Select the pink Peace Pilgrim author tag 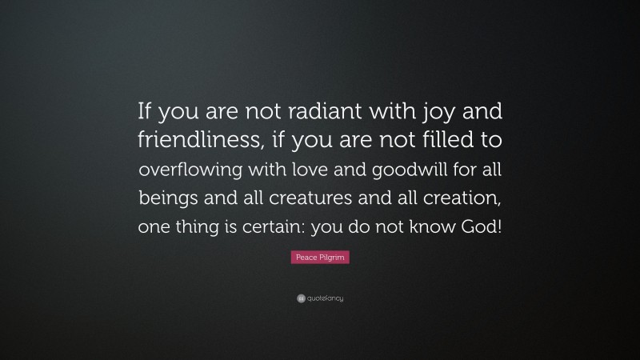point(320,258)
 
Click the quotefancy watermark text point(325,298)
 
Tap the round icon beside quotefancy point(301,298)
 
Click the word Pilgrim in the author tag point(331,258)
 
